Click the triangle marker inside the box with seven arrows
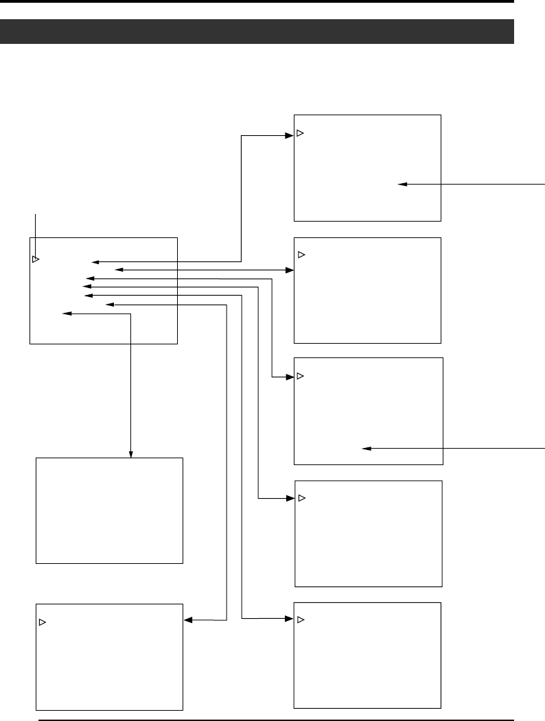click(36, 260)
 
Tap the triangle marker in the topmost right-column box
click(300, 132)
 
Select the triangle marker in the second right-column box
click(301, 255)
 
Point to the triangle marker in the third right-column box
click(300, 377)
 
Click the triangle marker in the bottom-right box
click(301, 619)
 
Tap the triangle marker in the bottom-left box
click(42, 622)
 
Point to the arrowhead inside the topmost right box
click(402, 184)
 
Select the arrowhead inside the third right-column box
click(367, 449)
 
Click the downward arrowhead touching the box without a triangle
click(131, 454)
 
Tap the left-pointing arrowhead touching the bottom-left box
click(188, 620)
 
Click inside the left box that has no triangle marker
click(109, 510)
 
